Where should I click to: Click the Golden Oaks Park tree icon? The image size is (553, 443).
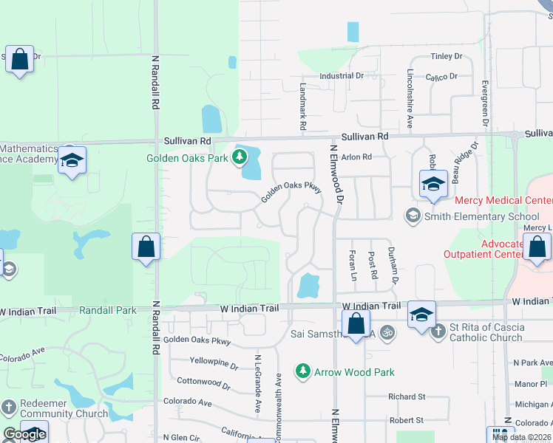tap(239, 157)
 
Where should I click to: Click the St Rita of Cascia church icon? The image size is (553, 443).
tap(438, 329)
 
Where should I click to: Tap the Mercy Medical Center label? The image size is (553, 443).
tap(503, 201)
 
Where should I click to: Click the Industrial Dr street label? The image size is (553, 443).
tap(342, 76)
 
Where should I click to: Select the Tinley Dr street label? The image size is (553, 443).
tap(446, 56)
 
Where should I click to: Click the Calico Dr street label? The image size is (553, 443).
tap(442, 76)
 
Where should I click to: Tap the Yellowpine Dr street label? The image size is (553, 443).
tap(214, 364)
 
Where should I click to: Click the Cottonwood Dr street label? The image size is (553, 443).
tap(204, 382)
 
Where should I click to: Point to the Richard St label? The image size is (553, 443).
tap(406, 396)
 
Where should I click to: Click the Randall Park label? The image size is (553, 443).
tap(108, 311)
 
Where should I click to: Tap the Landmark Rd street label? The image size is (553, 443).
tap(303, 106)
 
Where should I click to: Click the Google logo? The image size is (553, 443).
tap(25, 434)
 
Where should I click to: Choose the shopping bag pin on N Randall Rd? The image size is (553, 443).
tap(146, 247)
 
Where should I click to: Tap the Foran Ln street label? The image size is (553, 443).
tap(353, 265)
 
